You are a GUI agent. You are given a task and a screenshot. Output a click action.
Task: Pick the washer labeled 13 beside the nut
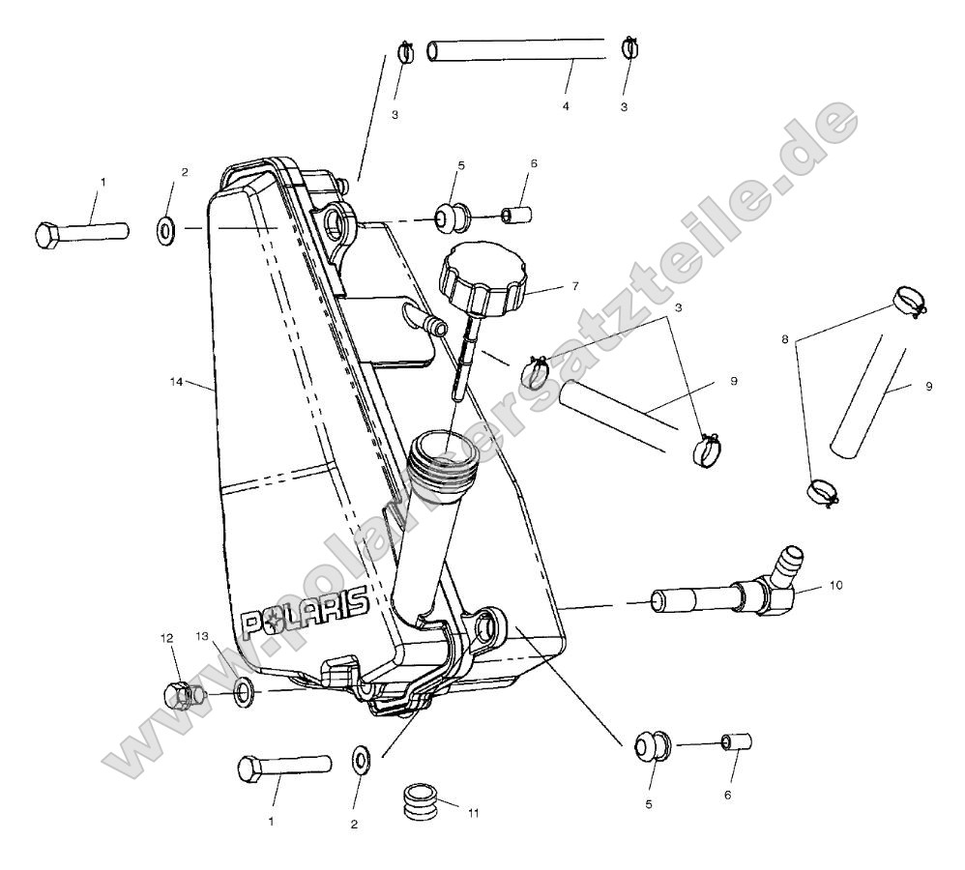click(243, 690)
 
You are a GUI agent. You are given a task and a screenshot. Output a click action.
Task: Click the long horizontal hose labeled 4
click(517, 49)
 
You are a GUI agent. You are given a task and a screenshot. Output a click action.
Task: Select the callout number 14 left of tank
click(175, 383)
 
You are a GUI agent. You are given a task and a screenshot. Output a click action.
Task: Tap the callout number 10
click(835, 585)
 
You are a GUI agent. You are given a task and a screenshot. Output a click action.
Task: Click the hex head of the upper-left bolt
click(49, 235)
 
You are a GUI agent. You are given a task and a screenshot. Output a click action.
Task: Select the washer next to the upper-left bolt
click(165, 230)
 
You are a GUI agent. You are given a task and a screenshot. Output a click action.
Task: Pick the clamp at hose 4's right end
click(629, 45)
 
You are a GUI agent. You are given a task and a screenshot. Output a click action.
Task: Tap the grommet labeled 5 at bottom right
click(647, 745)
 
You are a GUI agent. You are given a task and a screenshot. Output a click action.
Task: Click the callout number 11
click(473, 813)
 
